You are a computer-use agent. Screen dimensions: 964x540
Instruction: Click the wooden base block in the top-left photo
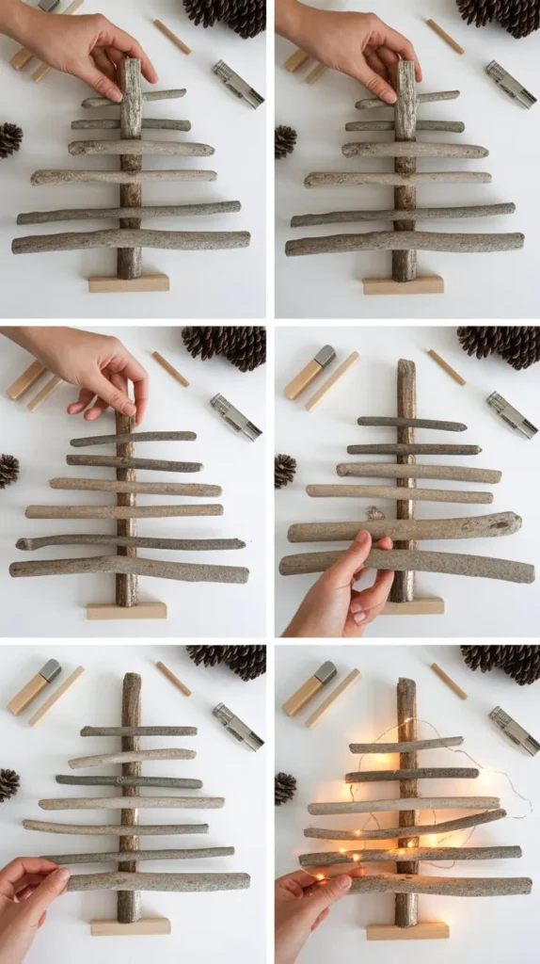click(129, 282)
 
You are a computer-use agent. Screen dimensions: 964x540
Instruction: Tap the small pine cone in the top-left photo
click(9, 139)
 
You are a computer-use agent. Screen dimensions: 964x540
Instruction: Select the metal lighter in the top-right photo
click(512, 83)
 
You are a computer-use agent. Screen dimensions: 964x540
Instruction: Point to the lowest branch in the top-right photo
click(405, 244)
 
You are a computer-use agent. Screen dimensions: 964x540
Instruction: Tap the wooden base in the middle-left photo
click(127, 611)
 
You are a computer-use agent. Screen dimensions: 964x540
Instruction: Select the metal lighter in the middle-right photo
click(513, 415)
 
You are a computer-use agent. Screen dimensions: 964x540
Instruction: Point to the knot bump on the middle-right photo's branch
click(375, 514)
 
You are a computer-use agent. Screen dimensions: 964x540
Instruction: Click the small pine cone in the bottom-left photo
click(8, 784)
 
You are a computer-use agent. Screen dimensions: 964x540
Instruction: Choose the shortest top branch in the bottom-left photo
click(138, 731)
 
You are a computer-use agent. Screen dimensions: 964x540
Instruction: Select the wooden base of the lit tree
click(407, 930)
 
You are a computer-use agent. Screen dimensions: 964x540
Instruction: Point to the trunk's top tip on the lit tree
click(406, 683)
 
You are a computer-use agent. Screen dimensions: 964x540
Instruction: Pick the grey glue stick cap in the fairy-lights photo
click(325, 672)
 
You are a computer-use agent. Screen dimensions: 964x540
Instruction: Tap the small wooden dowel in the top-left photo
click(172, 36)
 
